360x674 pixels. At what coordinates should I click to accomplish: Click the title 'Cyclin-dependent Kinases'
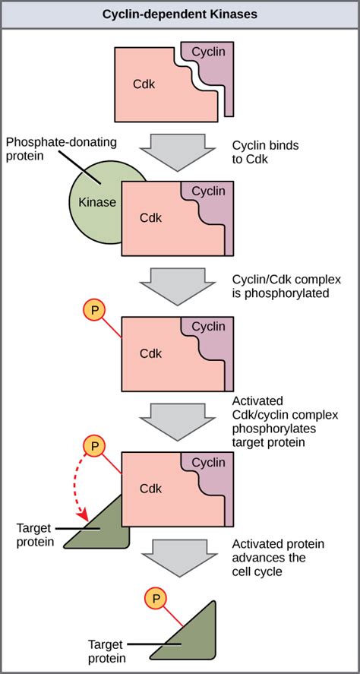[x=180, y=14]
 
